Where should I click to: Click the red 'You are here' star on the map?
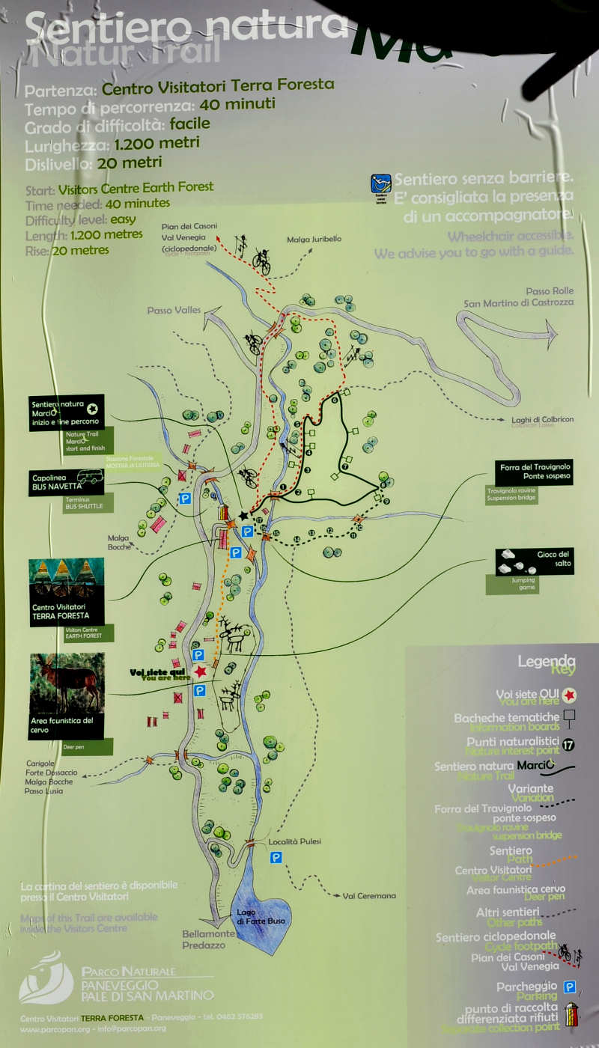pyautogui.click(x=200, y=671)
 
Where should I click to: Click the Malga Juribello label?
pyautogui.click(x=314, y=239)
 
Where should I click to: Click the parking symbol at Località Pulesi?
pyautogui.click(x=276, y=858)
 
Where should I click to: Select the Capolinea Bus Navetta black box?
pyautogui.click(x=67, y=481)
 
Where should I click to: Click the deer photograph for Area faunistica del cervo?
pyautogui.click(x=67, y=682)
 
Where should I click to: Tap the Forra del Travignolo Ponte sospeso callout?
pyautogui.click(x=535, y=472)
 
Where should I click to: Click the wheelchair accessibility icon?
pyautogui.click(x=381, y=184)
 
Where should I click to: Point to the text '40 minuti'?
pyautogui.click(x=237, y=104)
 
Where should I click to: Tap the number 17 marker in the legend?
pyautogui.click(x=568, y=744)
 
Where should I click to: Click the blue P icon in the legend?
pyautogui.click(x=570, y=987)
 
